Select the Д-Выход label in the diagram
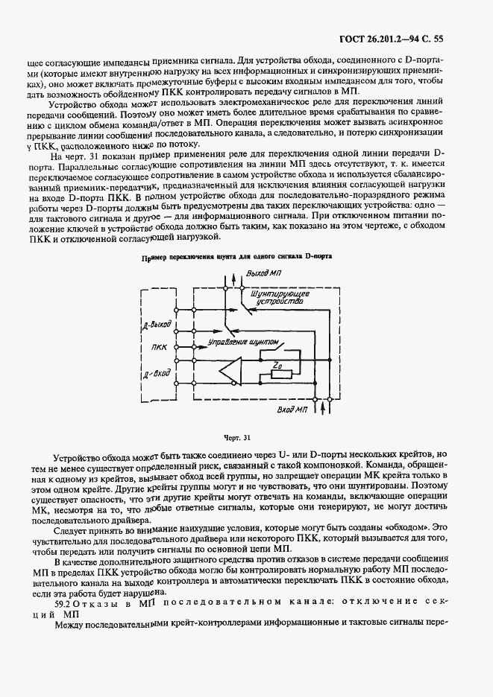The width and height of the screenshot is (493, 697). [159, 325]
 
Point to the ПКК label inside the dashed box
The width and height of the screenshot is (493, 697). [159, 347]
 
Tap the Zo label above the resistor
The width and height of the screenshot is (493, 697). [277, 364]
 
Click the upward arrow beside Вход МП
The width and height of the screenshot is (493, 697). [322, 407]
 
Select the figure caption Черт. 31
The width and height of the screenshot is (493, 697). [236, 438]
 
